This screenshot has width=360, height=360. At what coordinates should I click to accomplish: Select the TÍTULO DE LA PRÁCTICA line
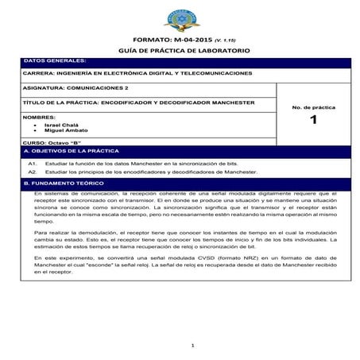[x=139, y=103]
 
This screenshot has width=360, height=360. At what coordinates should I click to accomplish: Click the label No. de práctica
[x=313, y=106]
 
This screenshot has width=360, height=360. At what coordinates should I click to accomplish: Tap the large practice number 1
[x=313, y=121]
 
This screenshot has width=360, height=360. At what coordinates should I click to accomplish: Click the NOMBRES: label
[x=41, y=117]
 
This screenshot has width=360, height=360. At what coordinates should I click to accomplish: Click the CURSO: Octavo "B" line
[x=54, y=141]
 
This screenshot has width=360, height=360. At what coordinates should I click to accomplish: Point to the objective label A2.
[x=33, y=171]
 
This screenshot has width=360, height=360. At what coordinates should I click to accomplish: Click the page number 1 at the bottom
[x=193, y=344]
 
